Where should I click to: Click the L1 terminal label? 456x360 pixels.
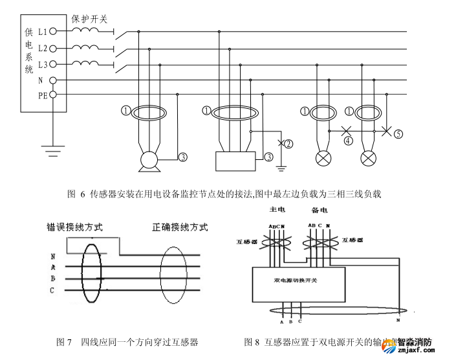point(43,30)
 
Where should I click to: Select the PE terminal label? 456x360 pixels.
point(43,95)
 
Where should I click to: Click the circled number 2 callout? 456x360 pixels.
point(288,144)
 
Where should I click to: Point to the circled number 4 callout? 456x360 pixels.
point(349,139)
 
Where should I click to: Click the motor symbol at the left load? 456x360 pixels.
point(149,160)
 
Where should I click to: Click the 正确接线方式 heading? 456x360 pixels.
point(180,227)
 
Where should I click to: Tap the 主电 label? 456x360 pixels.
point(277,210)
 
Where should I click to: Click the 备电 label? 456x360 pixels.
point(320,210)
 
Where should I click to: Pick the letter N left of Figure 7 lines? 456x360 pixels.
point(52,256)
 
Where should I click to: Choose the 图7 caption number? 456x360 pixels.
point(63,341)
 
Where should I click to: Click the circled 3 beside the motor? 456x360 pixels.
point(183,157)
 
